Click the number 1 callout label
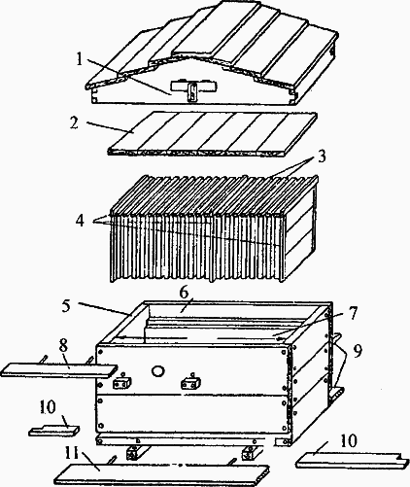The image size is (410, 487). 80,58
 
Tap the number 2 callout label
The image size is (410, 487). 74,122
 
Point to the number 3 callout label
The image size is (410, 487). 321,157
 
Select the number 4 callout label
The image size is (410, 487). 80,222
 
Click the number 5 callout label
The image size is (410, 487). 66,305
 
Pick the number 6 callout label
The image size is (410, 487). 184,294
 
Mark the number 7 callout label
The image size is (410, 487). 353,314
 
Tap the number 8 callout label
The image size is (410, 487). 63,345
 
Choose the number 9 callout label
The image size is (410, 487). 358,351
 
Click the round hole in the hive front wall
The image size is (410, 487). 158,371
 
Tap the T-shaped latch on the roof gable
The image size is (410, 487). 193,89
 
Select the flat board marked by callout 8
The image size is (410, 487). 59,370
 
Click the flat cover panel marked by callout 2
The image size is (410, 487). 213,133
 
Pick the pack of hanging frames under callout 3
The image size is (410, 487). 214,227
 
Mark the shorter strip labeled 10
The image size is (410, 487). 54,431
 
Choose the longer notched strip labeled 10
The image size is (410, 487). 350,460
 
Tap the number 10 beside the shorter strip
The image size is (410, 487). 48,407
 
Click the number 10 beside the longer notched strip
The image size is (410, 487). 349,440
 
